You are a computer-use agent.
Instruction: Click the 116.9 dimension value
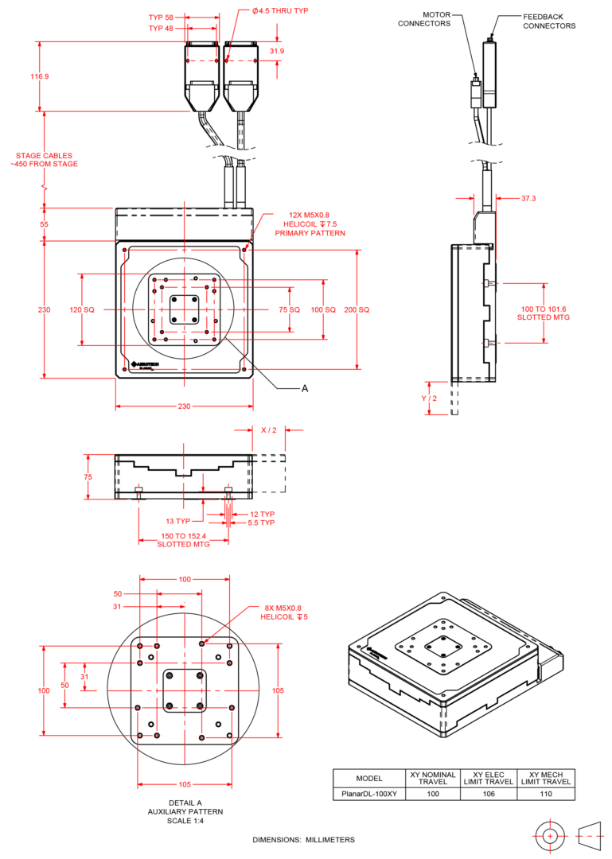(40, 76)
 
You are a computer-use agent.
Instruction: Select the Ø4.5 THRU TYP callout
(279, 10)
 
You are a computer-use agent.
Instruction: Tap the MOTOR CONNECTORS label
(424, 19)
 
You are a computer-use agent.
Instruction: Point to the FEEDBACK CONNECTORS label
(549, 21)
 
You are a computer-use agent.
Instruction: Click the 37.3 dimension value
(528, 198)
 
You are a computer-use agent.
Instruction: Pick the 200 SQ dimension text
(357, 309)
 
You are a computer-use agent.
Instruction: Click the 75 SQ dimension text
(289, 309)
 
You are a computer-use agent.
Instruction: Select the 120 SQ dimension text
(82, 309)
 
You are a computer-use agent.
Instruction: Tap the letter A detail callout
(305, 388)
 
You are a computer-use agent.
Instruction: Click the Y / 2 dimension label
(429, 398)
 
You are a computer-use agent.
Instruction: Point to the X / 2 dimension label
(269, 430)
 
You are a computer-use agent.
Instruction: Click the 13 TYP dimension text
(177, 521)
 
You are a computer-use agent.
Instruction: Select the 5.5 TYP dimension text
(261, 523)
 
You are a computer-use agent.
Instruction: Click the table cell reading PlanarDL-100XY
(369, 794)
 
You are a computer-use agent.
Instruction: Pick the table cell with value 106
(489, 794)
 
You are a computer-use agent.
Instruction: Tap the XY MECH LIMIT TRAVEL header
(546, 778)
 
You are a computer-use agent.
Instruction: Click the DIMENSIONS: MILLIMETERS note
(303, 839)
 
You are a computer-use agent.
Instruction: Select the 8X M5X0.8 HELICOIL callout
(284, 612)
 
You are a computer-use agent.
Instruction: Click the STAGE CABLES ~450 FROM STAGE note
(44, 159)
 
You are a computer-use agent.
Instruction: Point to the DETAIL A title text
(185, 803)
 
